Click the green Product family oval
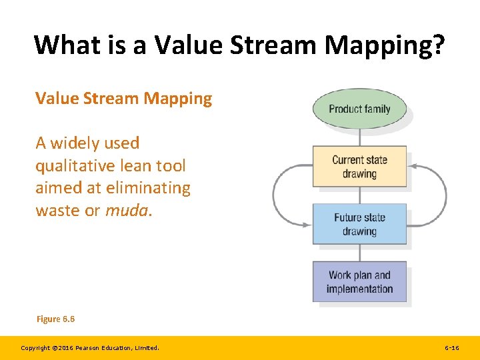[359, 109]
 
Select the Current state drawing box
[359, 167]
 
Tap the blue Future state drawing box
[359, 224]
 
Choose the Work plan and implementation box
[359, 281]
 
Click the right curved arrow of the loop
[445, 193]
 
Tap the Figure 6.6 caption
[55, 319]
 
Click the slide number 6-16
[451, 348]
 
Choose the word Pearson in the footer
[90, 348]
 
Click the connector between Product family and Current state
[360, 137]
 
